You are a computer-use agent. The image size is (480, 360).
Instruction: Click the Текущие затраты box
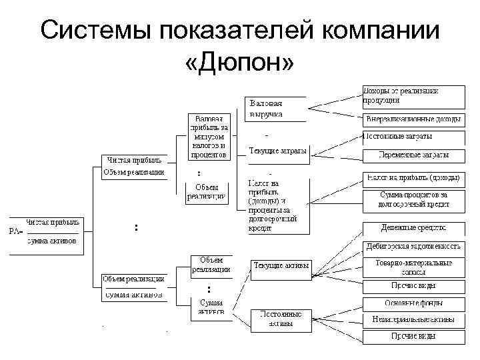click(278, 151)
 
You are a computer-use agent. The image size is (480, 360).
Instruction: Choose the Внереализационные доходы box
click(413, 120)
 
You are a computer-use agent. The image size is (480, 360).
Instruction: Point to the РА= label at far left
click(15, 231)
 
